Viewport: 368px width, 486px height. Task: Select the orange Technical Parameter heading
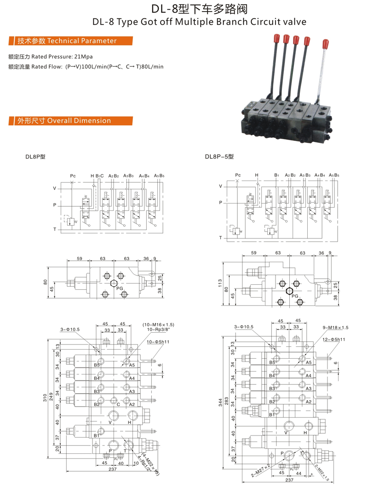[x=67, y=41]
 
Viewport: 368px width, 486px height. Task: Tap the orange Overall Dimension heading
[x=64, y=121]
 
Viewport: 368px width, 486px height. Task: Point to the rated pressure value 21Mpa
[x=83, y=57]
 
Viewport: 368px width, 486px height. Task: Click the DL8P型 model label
[x=35, y=157]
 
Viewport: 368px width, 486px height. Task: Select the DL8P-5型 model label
[x=219, y=157]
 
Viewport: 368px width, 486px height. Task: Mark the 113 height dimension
[x=221, y=282]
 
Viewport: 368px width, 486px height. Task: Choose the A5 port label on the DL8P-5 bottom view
[x=309, y=362]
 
